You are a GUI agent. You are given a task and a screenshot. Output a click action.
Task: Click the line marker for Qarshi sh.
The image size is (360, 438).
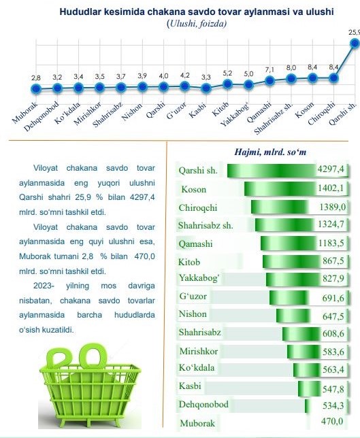(355, 44)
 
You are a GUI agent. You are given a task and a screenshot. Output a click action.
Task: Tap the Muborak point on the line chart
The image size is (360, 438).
(36, 89)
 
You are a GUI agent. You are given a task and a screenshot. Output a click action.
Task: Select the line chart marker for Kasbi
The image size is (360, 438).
(206, 88)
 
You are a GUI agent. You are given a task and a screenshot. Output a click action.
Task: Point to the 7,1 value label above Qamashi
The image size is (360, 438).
(269, 70)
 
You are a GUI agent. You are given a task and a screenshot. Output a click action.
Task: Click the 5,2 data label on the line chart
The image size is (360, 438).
(227, 73)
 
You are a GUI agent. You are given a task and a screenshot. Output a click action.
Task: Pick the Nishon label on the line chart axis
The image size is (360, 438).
(132, 112)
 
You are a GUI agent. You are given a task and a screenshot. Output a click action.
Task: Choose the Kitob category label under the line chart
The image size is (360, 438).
(220, 109)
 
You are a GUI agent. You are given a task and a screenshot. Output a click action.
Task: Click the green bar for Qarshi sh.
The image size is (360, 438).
(271, 171)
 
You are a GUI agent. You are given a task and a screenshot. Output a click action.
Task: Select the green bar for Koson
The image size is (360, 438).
(280, 189)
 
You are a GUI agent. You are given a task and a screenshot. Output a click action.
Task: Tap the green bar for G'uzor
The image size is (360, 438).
(288, 298)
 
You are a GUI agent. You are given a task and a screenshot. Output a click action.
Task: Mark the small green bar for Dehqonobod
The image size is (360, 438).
(307, 406)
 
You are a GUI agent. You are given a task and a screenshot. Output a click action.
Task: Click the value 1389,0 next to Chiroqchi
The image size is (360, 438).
(332, 207)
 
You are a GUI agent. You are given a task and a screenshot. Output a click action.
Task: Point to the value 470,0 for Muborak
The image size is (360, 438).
(332, 421)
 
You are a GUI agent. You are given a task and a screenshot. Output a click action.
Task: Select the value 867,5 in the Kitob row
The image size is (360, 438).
(333, 261)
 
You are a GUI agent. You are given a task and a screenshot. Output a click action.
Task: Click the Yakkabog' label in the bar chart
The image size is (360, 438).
(199, 278)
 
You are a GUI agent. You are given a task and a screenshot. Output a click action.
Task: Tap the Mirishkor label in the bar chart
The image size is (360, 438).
(199, 351)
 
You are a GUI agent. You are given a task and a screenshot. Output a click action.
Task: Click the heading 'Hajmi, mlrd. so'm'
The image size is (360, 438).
(270, 152)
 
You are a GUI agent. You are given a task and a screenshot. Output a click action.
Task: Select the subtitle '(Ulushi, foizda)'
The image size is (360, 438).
(197, 24)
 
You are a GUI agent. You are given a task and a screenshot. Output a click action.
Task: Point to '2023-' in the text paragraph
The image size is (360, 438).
(44, 286)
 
